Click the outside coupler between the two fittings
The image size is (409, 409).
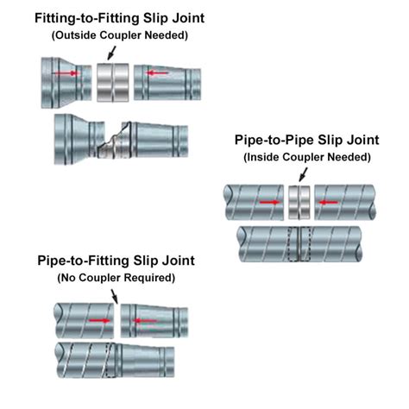114,79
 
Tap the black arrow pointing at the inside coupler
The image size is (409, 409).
299,175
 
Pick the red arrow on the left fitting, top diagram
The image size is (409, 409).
66,74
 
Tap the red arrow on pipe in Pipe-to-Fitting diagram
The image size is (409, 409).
100,319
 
